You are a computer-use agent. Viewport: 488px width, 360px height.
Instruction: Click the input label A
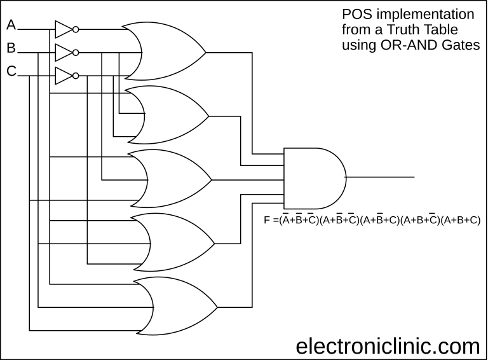click(11, 25)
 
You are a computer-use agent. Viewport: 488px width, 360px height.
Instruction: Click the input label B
click(11, 48)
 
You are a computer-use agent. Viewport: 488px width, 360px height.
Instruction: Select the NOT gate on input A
click(64, 29)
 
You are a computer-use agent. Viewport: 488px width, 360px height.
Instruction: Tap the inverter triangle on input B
click(64, 52)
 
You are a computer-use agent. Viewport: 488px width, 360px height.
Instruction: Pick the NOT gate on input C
click(64, 76)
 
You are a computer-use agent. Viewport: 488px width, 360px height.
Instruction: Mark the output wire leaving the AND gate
click(381, 177)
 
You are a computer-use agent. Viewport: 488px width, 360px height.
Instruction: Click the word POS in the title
click(357, 14)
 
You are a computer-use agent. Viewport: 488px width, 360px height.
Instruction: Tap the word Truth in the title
click(412, 30)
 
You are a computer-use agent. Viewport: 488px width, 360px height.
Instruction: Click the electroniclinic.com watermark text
click(388, 346)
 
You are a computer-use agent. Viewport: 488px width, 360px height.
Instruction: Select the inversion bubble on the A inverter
click(76, 29)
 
